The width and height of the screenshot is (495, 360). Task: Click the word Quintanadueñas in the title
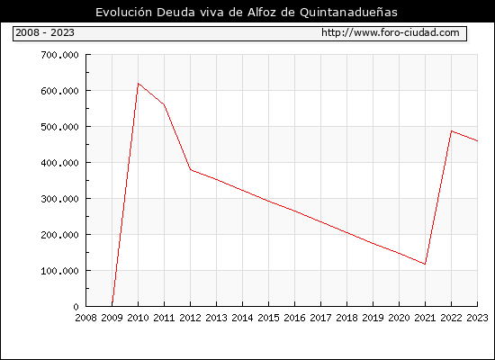348,12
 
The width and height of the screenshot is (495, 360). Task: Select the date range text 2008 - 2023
45,32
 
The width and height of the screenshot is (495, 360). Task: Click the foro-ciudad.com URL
391,32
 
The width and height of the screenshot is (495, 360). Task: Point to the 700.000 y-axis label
59,55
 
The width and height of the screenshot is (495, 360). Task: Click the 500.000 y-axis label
59,127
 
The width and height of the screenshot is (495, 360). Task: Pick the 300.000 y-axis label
59,199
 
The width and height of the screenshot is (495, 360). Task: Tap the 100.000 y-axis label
59,271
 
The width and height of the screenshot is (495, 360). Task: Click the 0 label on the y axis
76,307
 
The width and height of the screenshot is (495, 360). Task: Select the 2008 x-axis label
85,318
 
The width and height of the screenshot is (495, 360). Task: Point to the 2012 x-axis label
191,318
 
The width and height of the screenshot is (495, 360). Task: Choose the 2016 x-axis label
294,318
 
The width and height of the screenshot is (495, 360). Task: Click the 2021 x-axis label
425,318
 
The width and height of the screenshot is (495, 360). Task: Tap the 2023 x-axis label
477,318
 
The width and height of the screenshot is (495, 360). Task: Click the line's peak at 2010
139,84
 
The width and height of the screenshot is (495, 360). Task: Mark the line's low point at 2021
425,264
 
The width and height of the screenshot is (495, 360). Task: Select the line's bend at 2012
191,169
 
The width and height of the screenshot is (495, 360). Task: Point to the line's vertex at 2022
452,130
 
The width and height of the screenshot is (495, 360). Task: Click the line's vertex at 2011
164,104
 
